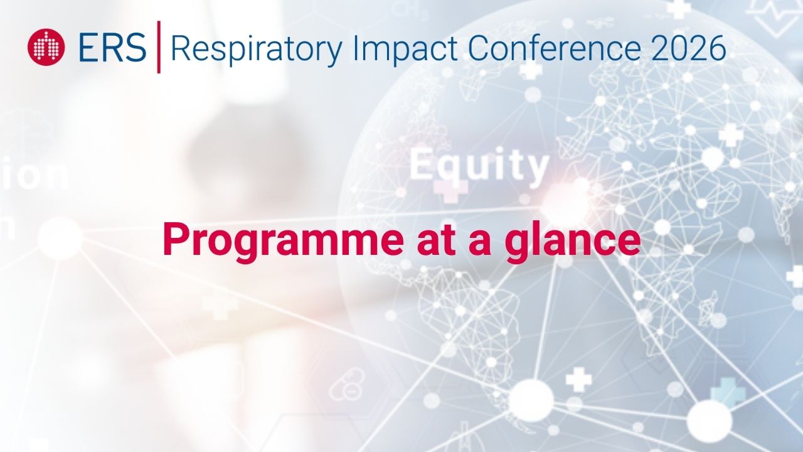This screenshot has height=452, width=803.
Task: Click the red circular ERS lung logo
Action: click(x=46, y=47)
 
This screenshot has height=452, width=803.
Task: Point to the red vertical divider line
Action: click(x=158, y=47)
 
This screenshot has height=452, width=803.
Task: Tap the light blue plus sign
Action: click(x=728, y=394)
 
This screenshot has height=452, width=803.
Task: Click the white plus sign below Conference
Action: click(x=531, y=70)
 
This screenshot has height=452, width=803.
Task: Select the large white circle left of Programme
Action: click(x=60, y=238)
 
